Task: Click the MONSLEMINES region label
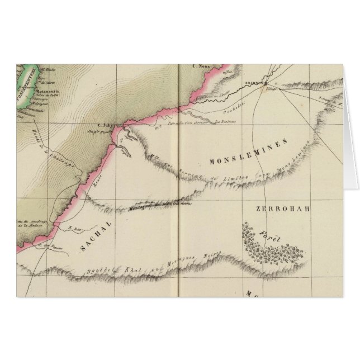(x=250, y=153)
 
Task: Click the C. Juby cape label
(x=106, y=126)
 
